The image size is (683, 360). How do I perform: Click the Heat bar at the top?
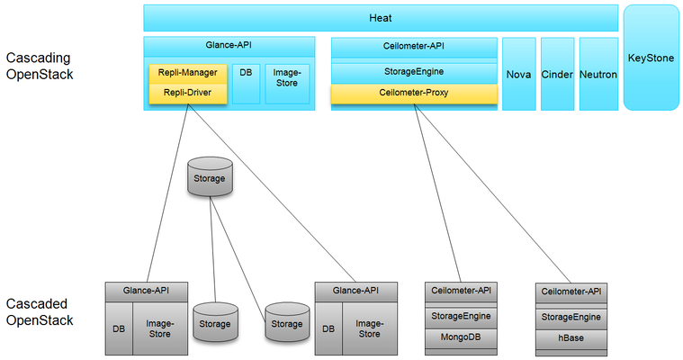(x=381, y=18)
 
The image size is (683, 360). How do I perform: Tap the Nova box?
(x=519, y=75)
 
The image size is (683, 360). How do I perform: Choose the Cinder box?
(x=557, y=75)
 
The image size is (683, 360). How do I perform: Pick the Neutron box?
(x=598, y=75)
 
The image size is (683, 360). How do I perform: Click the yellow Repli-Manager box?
(x=187, y=75)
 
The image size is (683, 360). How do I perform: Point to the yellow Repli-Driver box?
(x=187, y=93)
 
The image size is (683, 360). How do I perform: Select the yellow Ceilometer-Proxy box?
(x=414, y=93)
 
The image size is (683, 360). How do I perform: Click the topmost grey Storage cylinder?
(x=210, y=177)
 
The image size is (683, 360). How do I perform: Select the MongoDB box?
(x=459, y=337)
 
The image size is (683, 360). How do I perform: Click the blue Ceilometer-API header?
(x=414, y=47)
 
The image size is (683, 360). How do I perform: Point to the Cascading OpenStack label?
(x=40, y=67)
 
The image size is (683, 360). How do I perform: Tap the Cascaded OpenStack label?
(x=40, y=312)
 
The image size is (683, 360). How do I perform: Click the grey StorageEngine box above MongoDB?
(x=459, y=315)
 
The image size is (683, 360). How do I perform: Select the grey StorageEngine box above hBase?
(x=571, y=317)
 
